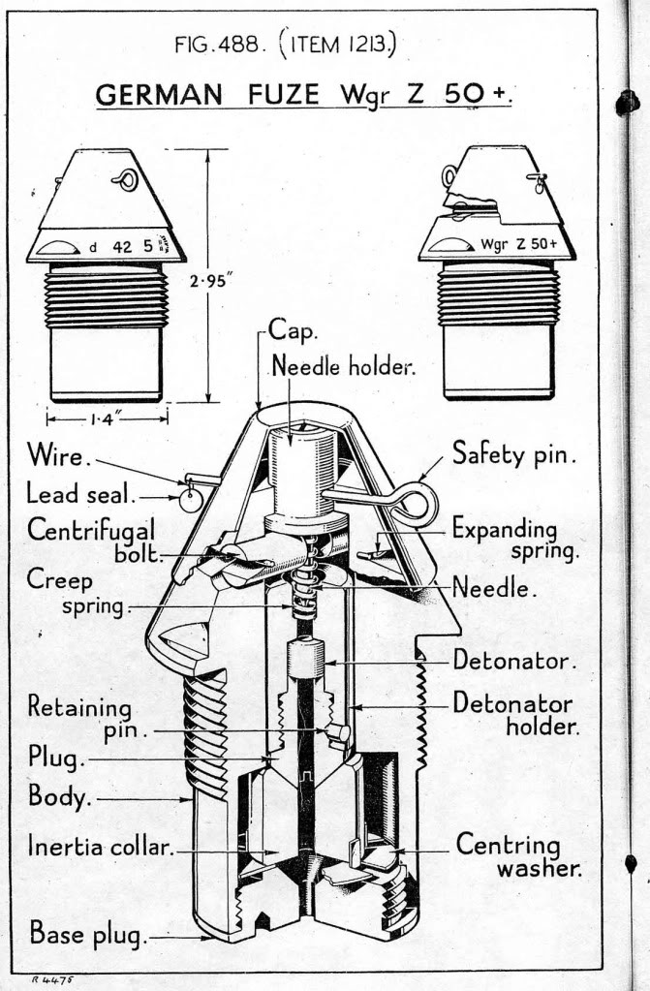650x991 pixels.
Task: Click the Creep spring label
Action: (81, 596)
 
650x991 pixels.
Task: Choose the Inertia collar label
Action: (101, 848)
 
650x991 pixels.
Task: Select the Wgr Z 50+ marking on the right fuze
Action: (518, 243)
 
